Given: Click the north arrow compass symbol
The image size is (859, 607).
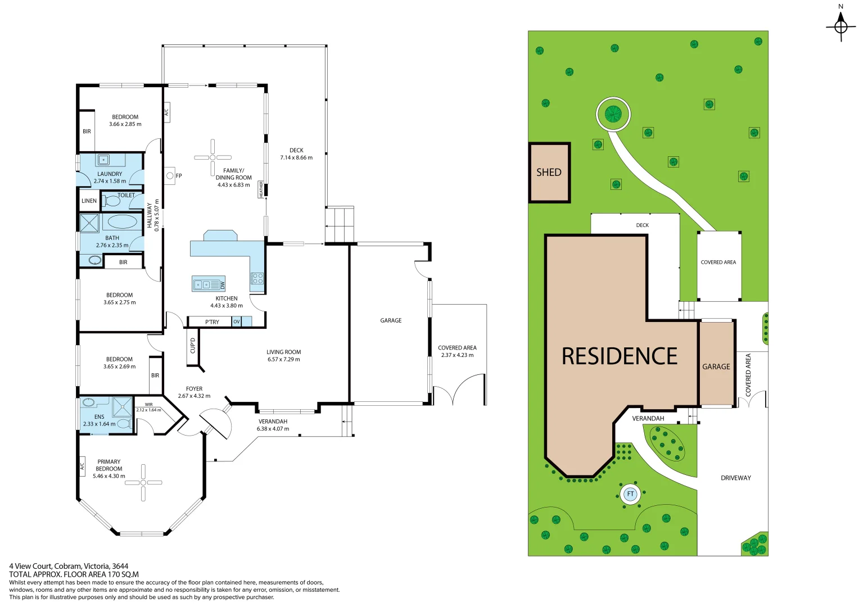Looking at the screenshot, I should tap(840, 26).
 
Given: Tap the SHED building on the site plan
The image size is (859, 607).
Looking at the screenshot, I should tap(549, 173).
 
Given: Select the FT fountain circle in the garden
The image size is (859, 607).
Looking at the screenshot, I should tap(630, 494).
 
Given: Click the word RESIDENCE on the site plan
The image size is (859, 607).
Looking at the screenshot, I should tap(620, 356).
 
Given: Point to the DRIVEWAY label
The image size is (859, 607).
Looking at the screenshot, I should tap(735, 478).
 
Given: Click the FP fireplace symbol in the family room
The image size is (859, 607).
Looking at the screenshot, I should tap(170, 176).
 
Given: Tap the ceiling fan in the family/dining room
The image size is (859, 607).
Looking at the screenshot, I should tap(213, 157).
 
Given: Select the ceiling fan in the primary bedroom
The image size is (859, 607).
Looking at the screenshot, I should tap(143, 482).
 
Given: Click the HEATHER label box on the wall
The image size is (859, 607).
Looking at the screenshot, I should tap(261, 189).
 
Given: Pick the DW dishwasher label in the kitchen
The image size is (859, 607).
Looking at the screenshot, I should tap(222, 286).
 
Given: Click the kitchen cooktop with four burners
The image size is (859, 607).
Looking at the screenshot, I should tap(257, 278).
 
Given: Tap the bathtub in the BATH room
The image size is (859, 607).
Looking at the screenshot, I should tap(122, 221).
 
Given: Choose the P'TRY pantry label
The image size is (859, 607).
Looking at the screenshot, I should tap(212, 322).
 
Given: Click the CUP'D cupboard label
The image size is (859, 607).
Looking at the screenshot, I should tap(193, 345).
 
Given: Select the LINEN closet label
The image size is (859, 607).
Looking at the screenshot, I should tap(89, 201).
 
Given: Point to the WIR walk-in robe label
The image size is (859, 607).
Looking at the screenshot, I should tap(148, 405).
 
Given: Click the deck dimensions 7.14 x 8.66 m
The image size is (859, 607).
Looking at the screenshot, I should tap(296, 158).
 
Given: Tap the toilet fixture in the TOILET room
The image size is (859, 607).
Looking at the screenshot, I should tap(113, 201).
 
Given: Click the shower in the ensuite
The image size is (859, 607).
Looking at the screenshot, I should tap(121, 406).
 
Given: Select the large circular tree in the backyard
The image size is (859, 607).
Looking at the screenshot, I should tap(613, 114).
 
